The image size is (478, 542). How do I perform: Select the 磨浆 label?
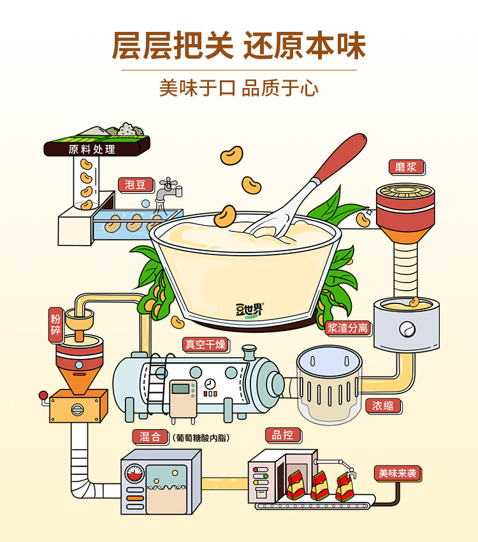pyautogui.click(x=406, y=168)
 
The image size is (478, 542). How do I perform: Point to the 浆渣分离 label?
pyautogui.click(x=348, y=328)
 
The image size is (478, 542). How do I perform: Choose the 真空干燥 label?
pyautogui.click(x=205, y=345)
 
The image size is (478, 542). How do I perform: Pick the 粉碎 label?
pyautogui.click(x=55, y=324)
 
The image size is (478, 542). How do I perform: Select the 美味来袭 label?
pyautogui.click(x=398, y=474)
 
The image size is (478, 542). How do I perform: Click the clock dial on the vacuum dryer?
pyautogui.click(x=210, y=383)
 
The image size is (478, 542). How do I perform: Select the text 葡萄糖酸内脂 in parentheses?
pyautogui.click(x=200, y=438)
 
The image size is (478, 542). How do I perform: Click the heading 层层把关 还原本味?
pyautogui.click(x=239, y=46)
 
